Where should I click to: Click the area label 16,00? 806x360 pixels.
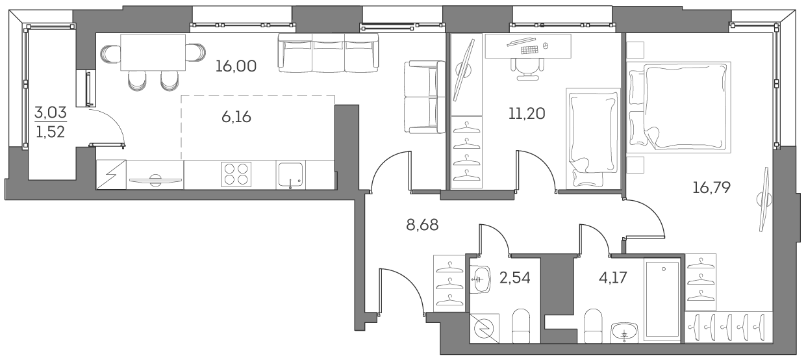click(x=238, y=66)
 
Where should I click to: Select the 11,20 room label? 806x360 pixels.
click(x=527, y=114)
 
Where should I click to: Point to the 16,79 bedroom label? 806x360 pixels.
click(x=712, y=188)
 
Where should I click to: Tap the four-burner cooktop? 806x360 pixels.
click(x=235, y=174)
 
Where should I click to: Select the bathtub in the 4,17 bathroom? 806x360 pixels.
click(x=662, y=300)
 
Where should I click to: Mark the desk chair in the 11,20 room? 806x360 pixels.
click(x=527, y=67)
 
